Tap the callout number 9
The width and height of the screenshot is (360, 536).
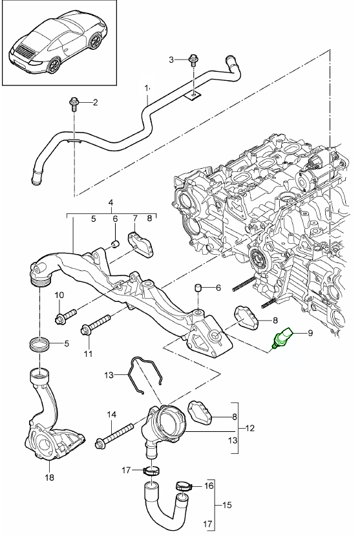(310, 332)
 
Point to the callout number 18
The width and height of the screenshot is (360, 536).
(50, 477)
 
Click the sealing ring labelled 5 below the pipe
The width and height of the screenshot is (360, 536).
(39, 343)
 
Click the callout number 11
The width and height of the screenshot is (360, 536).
(88, 354)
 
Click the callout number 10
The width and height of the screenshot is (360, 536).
(59, 295)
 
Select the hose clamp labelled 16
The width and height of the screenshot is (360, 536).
(184, 486)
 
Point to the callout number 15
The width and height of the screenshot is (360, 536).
(227, 504)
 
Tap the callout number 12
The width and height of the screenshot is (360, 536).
(249, 427)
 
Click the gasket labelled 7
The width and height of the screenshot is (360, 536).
(140, 244)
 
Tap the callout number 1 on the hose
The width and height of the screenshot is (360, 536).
(147, 88)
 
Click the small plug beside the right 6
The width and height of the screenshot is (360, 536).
(198, 288)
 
